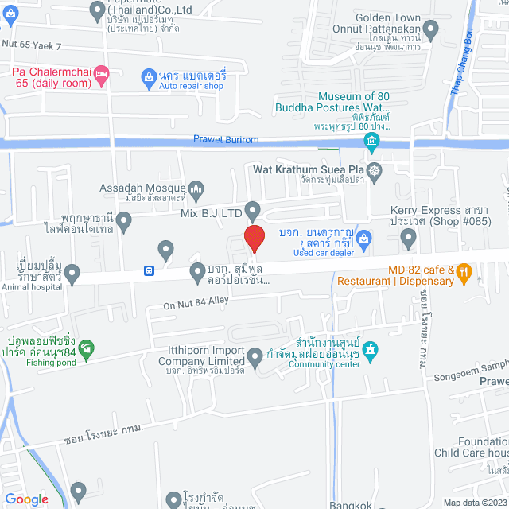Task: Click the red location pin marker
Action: (254, 239)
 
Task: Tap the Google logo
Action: (26, 499)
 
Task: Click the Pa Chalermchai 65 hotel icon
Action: (101, 76)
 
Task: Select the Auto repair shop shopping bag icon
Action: (148, 76)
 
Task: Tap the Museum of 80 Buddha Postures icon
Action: (371, 142)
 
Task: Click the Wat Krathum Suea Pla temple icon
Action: (375, 169)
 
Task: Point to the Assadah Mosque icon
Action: (196, 189)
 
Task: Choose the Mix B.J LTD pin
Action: (253, 212)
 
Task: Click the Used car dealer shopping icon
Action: (363, 237)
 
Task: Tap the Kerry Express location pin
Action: (409, 236)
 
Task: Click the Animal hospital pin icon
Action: (72, 274)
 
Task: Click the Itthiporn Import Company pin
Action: (255, 358)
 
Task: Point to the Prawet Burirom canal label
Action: (227, 139)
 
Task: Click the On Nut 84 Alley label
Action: (196, 303)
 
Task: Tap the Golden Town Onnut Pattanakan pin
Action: (430, 31)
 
